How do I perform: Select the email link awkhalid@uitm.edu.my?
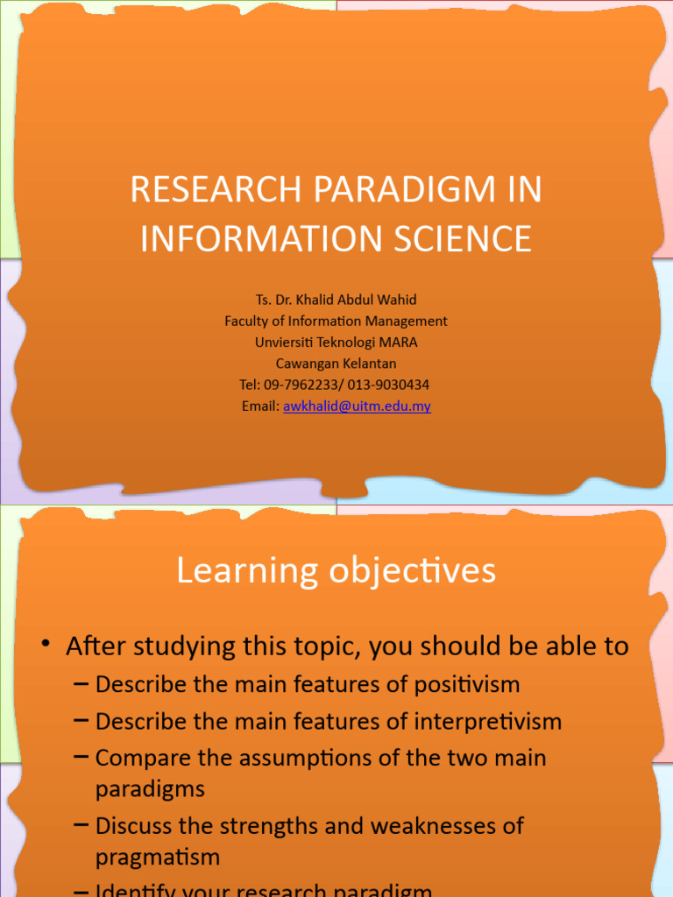click(357, 406)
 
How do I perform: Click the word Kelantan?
click(361, 364)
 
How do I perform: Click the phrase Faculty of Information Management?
click(336, 321)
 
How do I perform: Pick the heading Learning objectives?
click(336, 571)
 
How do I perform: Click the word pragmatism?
click(157, 857)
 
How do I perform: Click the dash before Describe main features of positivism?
click(81, 683)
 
